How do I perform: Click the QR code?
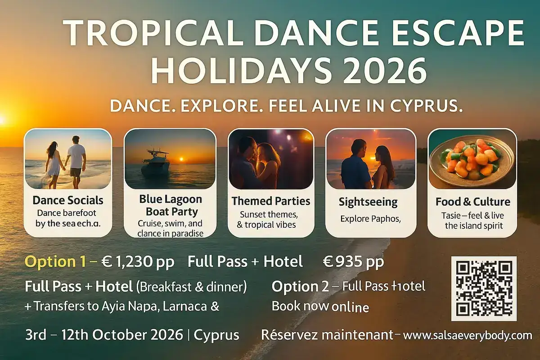[x=484, y=288]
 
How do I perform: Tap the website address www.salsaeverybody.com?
[x=468, y=336]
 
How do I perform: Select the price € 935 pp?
[x=354, y=262]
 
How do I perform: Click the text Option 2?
[x=300, y=286]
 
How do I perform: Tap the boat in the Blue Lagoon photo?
[x=155, y=163]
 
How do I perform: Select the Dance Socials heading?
[x=68, y=200]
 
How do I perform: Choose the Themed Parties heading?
[x=271, y=200]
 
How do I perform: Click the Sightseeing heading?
[x=368, y=202]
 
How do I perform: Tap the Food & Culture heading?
[x=472, y=202]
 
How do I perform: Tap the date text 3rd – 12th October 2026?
[x=104, y=336]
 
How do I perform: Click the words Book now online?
[x=320, y=307]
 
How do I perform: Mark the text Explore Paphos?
[x=370, y=220]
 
